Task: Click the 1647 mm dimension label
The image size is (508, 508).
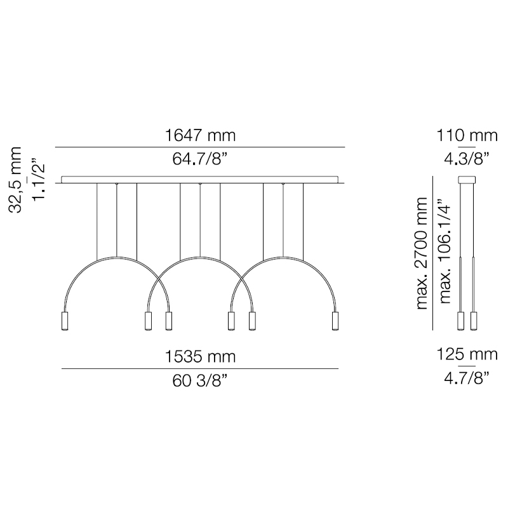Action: [x=200, y=135]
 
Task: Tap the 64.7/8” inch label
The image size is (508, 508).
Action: [x=200, y=159]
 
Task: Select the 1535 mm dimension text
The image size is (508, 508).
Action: [x=200, y=357]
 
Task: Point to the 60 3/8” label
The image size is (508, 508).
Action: [x=200, y=380]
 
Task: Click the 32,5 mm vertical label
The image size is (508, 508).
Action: [x=15, y=180]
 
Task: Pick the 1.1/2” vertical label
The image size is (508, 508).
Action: [x=38, y=179]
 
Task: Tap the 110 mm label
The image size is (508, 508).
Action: [x=467, y=135]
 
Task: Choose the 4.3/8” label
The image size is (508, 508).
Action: [x=467, y=159]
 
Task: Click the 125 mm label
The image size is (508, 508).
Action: [x=467, y=354]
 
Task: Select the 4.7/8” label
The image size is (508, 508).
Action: [x=467, y=378]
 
